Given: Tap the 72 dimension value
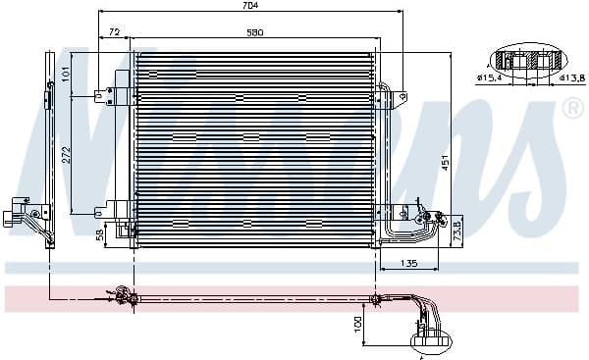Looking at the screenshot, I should [x=115, y=32].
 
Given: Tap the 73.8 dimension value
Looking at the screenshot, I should [x=455, y=231].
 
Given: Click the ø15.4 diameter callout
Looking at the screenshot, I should [x=491, y=77].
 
